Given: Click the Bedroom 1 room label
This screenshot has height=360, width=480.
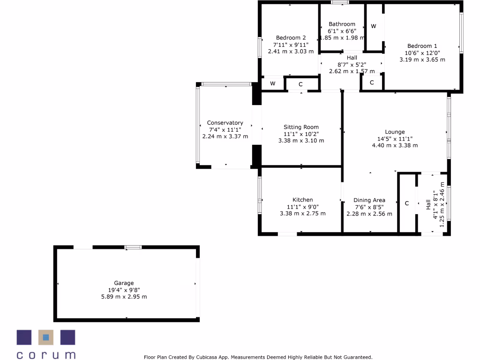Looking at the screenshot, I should (x=422, y=46).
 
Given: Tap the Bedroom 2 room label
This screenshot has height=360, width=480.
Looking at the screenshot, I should (x=291, y=38).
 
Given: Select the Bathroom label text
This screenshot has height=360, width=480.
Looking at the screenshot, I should (x=342, y=24).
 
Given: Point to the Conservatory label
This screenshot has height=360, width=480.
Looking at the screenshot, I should (x=225, y=123).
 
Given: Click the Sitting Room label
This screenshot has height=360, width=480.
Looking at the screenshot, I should (x=301, y=127).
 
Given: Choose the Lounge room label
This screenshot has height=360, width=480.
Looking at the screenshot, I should (x=395, y=132).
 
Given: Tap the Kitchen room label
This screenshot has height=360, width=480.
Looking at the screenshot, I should (x=302, y=200).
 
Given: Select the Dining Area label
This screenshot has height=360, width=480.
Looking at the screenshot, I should (x=369, y=200).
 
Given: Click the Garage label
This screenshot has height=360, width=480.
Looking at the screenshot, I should (x=124, y=283).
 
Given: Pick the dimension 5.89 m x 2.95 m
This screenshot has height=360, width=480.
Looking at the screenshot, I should (x=124, y=297).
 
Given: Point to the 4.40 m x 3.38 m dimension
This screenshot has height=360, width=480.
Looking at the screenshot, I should (x=395, y=145).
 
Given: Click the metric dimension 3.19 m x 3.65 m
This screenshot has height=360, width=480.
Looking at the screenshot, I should (x=422, y=60).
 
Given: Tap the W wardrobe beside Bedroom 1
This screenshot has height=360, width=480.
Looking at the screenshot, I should (x=374, y=26).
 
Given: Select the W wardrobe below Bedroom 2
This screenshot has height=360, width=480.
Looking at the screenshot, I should (x=272, y=84).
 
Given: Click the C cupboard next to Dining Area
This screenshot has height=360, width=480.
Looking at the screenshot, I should (x=407, y=203).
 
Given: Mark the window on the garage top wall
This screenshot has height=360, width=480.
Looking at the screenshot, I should (x=133, y=247).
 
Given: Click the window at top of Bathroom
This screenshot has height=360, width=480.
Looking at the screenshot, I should (x=340, y=2).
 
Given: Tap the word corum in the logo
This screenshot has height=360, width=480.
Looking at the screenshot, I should (x=46, y=354).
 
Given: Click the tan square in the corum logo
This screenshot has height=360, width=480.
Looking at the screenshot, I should (x=45, y=337).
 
